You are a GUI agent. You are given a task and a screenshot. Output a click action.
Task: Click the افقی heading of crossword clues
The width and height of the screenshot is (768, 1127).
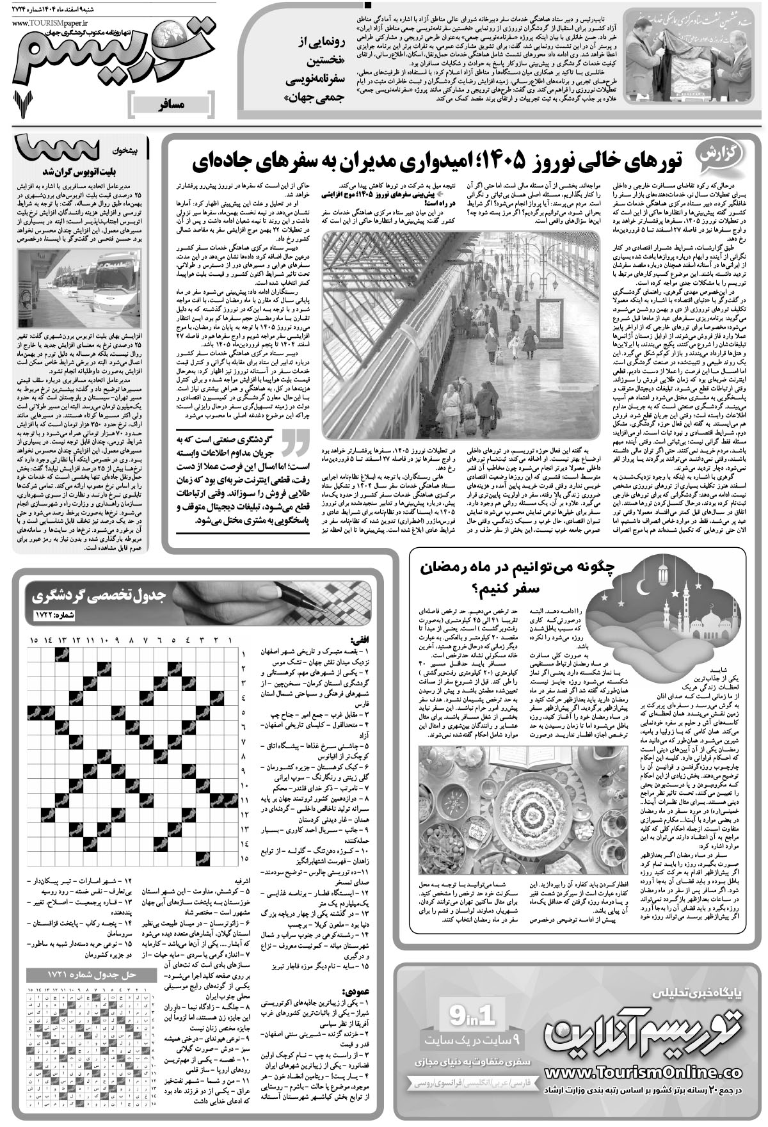click(359, 639)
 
